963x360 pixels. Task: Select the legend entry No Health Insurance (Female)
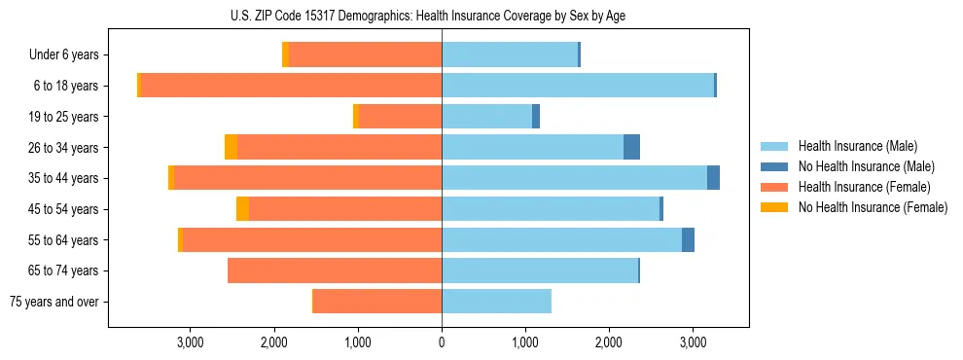[872, 207]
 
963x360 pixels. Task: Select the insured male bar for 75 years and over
[496, 302]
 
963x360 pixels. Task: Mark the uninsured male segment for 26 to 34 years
[631, 147]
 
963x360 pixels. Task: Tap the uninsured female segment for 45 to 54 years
[242, 209]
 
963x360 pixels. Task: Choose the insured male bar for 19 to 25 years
[486, 117]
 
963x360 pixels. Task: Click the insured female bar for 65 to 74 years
[335, 270]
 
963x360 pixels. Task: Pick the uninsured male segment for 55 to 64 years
[688, 240]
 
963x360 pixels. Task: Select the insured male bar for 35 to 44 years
[574, 178]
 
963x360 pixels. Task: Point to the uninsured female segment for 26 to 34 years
[231, 147]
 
